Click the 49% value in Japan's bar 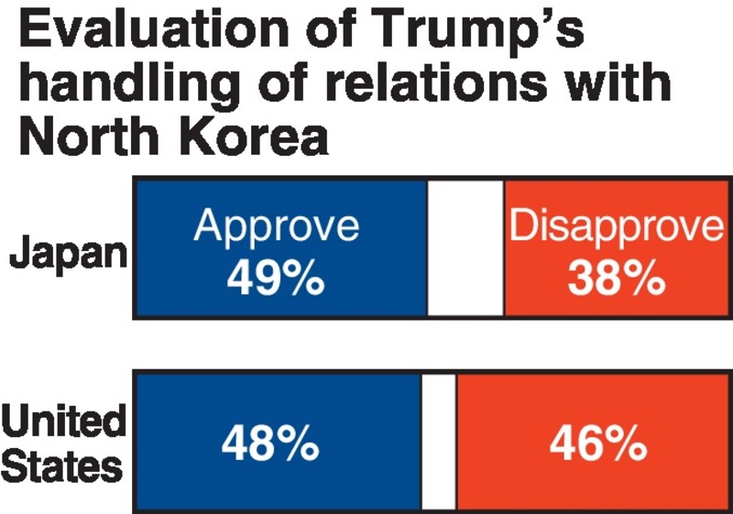click(x=276, y=278)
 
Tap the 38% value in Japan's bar click(x=616, y=278)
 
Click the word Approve click(x=276, y=225)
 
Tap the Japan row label click(x=68, y=253)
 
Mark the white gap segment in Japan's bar click(x=465, y=249)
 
